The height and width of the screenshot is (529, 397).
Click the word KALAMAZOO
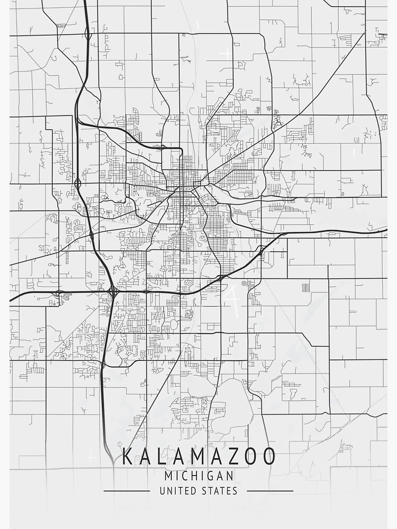click(198, 457)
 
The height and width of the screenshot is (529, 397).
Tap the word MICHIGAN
click(198, 475)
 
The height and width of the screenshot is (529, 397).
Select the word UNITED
click(177, 491)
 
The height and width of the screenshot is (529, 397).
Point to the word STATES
click(219, 491)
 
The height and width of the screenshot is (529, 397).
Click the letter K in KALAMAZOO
click(128, 457)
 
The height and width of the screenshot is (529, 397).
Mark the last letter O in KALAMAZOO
click(268, 457)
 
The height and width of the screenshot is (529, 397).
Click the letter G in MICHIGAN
click(208, 475)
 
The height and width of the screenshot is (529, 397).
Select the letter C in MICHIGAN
click(183, 475)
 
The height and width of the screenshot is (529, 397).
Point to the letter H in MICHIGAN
click(193, 475)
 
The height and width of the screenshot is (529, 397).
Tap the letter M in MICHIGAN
click(168, 475)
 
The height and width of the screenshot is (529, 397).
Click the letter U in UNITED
click(162, 491)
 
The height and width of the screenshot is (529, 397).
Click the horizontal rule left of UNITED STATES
click(127, 491)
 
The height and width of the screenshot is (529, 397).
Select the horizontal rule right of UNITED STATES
click(270, 491)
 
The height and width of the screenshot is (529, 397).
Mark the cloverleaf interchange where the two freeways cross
click(113, 291)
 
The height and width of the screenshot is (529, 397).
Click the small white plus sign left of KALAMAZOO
click(93, 454)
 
